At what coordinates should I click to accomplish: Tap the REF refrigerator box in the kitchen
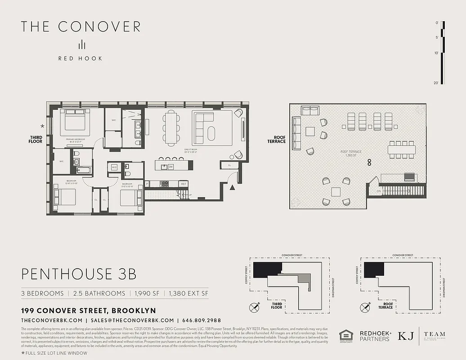click(x=183, y=184)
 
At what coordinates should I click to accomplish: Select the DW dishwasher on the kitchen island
click(x=171, y=166)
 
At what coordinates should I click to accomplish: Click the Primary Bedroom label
click(x=76, y=139)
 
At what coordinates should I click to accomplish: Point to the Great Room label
click(x=191, y=149)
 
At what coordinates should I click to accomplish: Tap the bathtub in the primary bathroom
click(x=84, y=170)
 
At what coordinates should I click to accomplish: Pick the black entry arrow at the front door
click(x=233, y=187)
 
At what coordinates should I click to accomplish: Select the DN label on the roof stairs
click(x=372, y=191)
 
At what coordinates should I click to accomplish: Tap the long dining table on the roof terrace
click(x=402, y=150)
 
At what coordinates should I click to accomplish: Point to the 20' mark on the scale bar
click(x=436, y=82)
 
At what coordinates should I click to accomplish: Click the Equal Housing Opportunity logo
click(x=345, y=336)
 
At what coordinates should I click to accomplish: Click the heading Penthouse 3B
click(x=78, y=274)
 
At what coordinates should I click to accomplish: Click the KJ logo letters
click(x=405, y=336)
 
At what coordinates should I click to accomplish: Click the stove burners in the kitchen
click(x=165, y=184)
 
